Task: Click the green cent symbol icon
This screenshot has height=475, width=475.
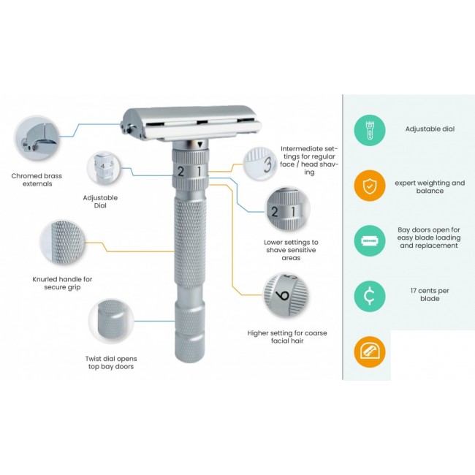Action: pos(370,296)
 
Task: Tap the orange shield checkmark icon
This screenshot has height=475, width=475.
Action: pos(370,186)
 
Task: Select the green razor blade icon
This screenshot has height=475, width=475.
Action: pos(370,241)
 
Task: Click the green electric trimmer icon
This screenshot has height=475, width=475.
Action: pos(370,130)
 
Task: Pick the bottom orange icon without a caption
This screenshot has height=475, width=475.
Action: pos(370,351)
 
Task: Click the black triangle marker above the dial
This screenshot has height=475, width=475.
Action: pos(199,145)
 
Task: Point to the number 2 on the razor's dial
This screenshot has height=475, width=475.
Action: pos(180,172)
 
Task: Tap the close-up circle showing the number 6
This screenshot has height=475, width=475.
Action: pos(285,294)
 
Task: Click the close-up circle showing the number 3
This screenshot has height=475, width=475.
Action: pos(261,164)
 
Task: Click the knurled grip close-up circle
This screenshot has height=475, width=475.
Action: pos(63,243)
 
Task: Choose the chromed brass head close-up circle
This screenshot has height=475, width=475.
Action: pos(37,138)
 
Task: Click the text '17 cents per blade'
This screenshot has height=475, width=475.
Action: pos(430,294)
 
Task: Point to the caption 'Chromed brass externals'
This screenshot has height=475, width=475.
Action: pos(37,180)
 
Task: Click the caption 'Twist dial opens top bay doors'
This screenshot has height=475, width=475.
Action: pos(111,362)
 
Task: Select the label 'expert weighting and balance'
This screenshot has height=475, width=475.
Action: pos(430,187)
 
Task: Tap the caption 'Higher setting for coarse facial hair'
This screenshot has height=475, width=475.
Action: pos(287,337)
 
